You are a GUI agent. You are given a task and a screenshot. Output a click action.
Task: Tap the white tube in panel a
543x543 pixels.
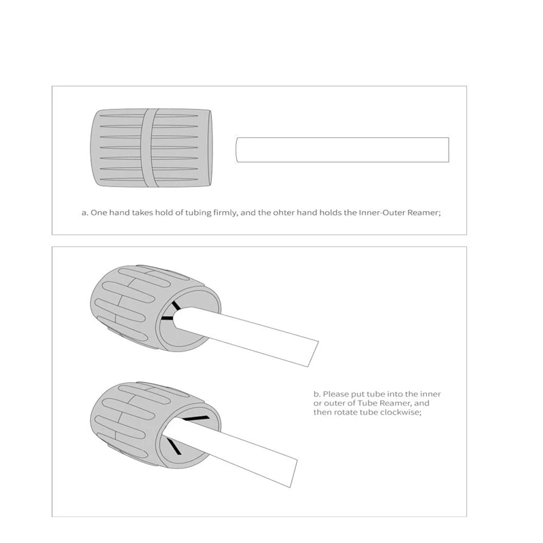pyautogui.click(x=343, y=149)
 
